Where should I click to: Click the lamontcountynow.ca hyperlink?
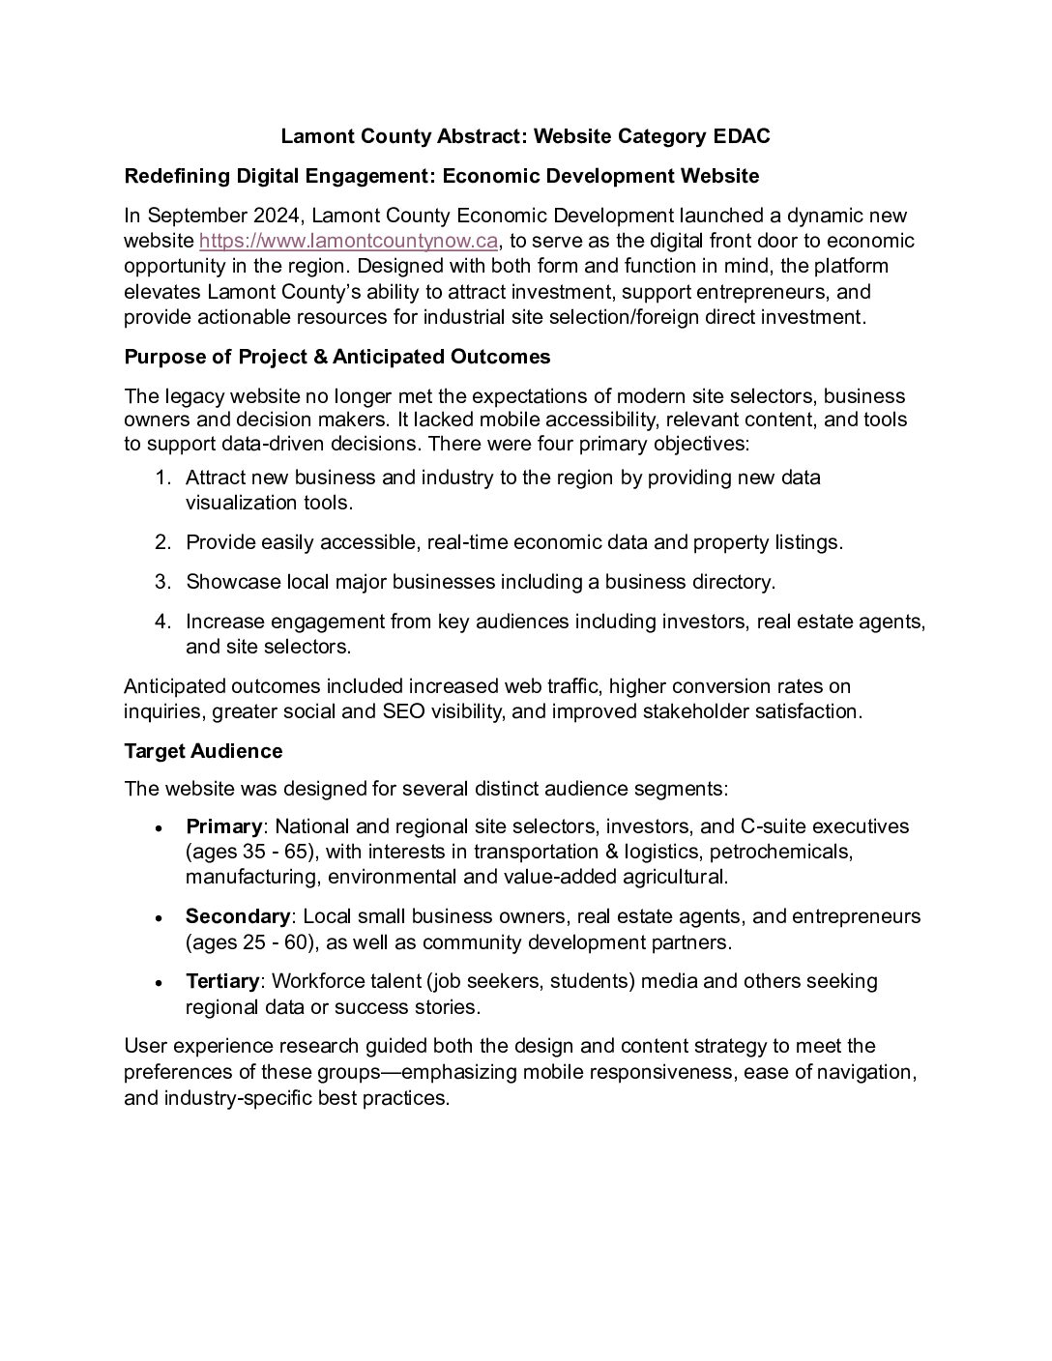pos(348,241)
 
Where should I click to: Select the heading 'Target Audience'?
pos(203,751)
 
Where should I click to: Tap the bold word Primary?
pos(223,826)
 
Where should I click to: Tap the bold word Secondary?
pos(238,915)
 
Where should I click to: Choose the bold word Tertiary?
pos(222,981)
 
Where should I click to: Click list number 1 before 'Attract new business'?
pos(162,478)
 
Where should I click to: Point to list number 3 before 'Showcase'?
pos(162,582)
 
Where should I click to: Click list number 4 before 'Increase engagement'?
pos(162,622)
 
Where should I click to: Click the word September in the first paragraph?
pos(190,216)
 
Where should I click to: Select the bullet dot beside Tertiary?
pos(157,983)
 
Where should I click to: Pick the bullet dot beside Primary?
pos(157,828)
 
